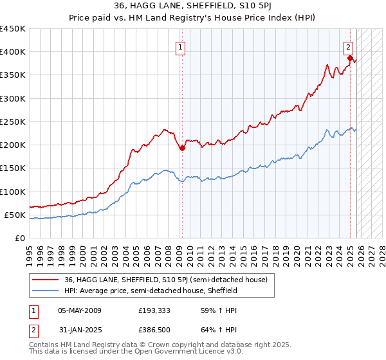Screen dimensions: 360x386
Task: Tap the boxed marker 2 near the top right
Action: pos(348,47)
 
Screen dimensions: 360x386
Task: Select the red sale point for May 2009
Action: pos(182,148)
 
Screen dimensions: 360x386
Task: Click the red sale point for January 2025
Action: pos(350,58)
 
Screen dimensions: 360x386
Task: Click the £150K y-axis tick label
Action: pos(12,168)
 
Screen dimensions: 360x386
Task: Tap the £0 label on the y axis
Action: pos(19,238)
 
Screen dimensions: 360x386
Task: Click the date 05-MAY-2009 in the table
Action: pos(80,310)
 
